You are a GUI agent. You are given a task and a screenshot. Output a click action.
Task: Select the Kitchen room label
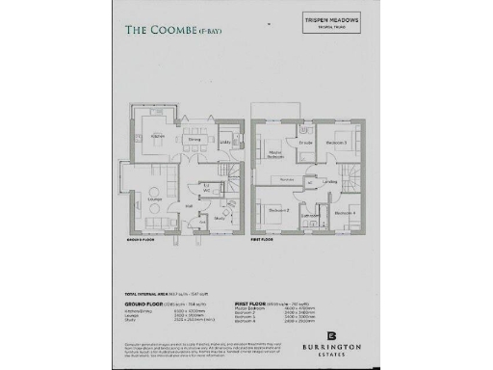pos(158,136)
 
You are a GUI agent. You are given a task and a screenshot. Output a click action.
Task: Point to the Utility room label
pos(224,145)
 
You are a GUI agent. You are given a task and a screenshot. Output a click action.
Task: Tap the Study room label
pos(220,219)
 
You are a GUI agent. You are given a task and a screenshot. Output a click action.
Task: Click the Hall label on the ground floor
pos(190,205)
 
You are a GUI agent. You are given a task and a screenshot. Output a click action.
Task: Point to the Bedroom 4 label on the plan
pos(344,212)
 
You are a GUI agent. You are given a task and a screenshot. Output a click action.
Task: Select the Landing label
pos(330,180)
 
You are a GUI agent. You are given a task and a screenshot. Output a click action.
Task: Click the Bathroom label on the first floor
pos(311,217)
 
